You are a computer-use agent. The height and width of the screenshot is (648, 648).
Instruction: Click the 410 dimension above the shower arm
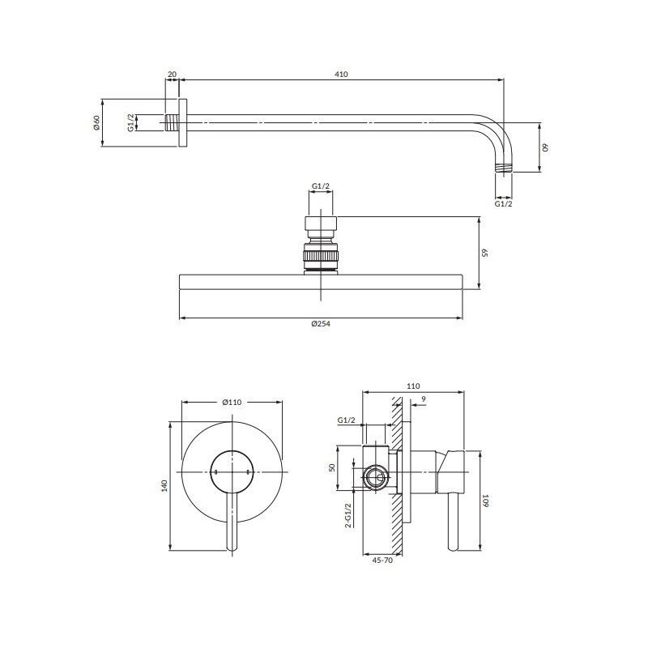(341, 75)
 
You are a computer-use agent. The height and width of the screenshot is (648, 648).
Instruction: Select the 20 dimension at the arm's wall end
(172, 75)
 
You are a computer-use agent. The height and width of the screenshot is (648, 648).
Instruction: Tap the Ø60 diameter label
(96, 123)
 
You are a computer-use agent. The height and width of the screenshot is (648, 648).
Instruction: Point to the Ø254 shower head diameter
(321, 324)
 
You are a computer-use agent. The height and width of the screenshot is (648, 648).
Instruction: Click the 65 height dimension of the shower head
(484, 253)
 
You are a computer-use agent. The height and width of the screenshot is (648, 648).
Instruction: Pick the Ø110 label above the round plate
(232, 402)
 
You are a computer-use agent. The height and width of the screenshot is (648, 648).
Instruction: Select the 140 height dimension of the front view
(164, 485)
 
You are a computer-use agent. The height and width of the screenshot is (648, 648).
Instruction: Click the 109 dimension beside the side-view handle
(485, 501)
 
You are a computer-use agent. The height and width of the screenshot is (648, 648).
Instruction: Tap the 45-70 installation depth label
(382, 561)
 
